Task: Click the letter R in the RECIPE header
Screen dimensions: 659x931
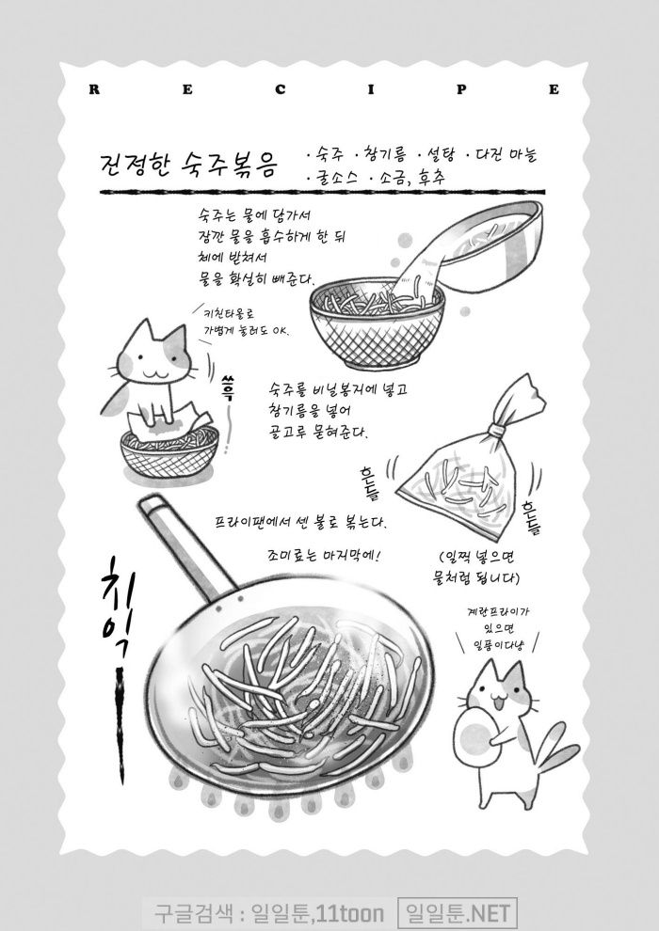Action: coord(94,89)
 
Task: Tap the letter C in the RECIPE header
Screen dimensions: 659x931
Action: coord(280,89)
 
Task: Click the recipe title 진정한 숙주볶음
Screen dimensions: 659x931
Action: coord(189,164)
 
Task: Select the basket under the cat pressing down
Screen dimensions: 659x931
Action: coord(169,450)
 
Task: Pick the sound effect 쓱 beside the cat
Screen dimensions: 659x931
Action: coord(229,387)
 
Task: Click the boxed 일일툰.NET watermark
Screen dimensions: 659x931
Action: coord(457,912)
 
